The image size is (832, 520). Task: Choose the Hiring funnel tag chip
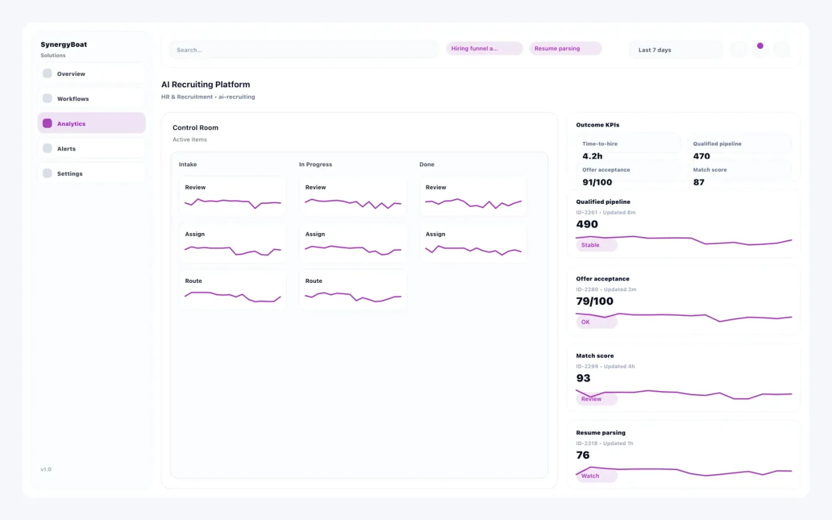coord(484,49)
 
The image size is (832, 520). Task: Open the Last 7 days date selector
coord(675,50)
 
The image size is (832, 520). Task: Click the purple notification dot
coord(760,46)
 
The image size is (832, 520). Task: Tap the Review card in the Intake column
coord(232,196)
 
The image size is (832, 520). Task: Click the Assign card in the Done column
coord(473,243)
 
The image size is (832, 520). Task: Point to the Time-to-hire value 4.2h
coord(592,156)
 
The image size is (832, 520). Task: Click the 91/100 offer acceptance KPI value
coord(597,182)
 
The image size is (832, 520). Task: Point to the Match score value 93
coord(583,378)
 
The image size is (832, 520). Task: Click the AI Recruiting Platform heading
coord(206,84)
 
